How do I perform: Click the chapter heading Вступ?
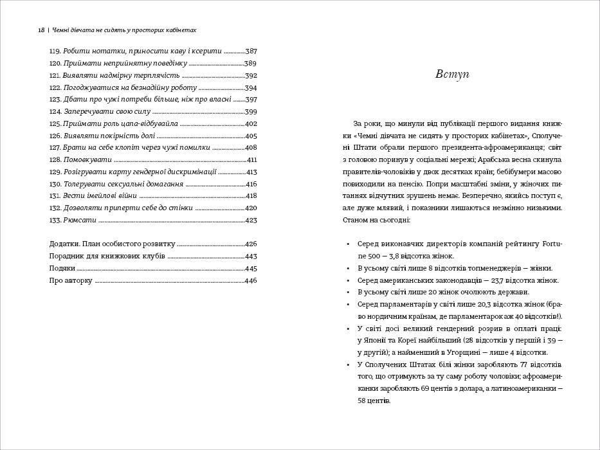pyautogui.click(x=452, y=74)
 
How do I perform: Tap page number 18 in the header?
pyautogui.click(x=41, y=30)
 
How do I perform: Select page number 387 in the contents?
pyautogui.click(x=251, y=51)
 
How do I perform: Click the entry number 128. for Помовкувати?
pyautogui.click(x=55, y=159)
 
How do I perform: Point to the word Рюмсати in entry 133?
pyautogui.click(x=80, y=220)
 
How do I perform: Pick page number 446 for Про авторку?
pyautogui.click(x=251, y=280)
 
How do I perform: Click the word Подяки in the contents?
pyautogui.click(x=62, y=268)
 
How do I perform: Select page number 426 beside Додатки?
pyautogui.click(x=251, y=244)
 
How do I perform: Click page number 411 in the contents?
pyautogui.click(x=251, y=159)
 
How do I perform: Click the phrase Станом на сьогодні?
pyautogui.click(x=381, y=220)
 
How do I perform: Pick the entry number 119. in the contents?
pyautogui.click(x=55, y=51)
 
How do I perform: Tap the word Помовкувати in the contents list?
pyautogui.click(x=87, y=159)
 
